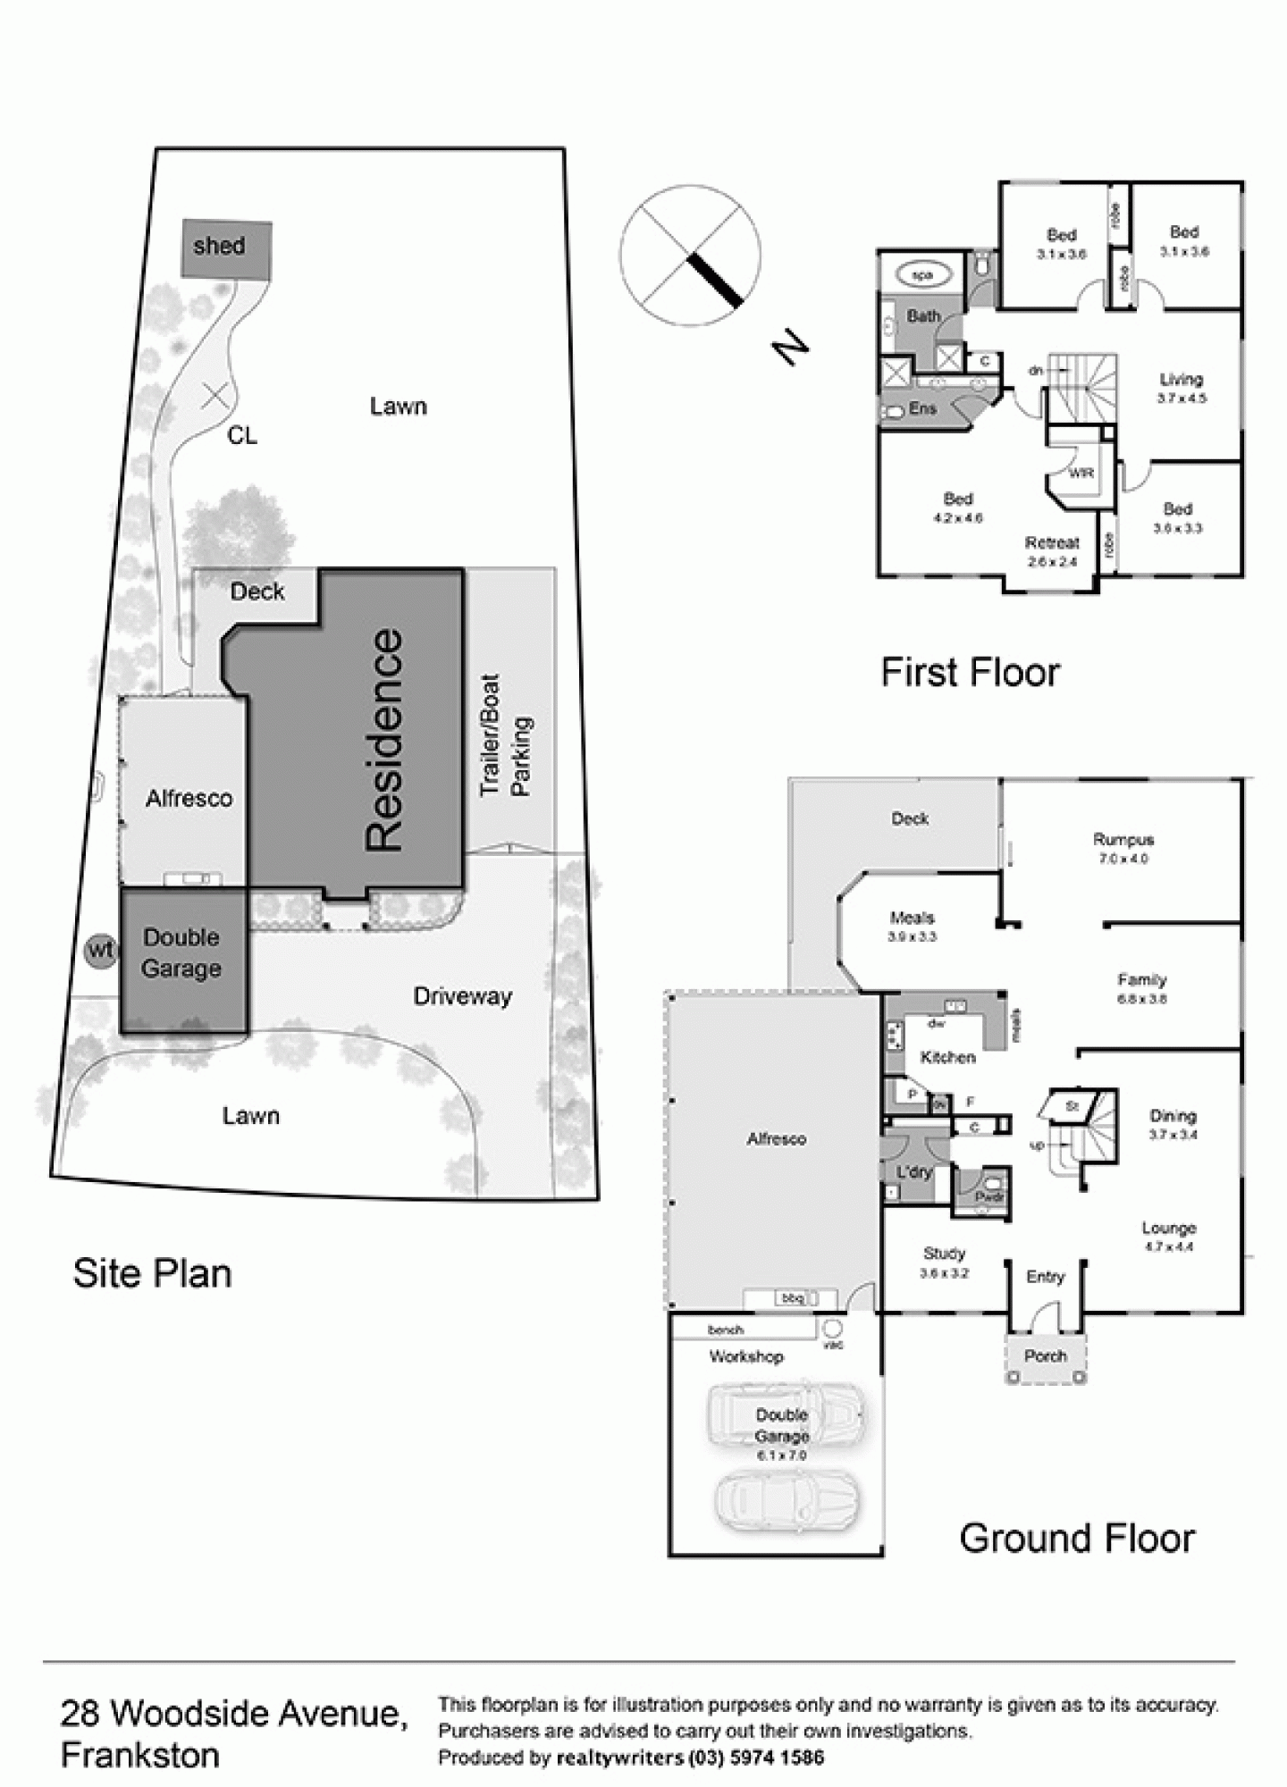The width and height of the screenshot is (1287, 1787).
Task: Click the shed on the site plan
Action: (227, 247)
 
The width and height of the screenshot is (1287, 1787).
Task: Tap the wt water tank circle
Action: (100, 951)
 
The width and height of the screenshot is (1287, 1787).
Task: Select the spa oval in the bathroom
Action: (921, 275)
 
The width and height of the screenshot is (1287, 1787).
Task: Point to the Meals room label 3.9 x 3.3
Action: (912, 927)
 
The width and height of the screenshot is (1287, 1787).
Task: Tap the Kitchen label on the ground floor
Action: (947, 1057)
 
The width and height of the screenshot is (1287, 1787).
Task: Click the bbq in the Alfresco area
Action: (792, 1298)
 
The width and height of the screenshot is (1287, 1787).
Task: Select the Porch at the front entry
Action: (1045, 1356)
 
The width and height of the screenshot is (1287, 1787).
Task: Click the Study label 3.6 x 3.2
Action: (944, 1263)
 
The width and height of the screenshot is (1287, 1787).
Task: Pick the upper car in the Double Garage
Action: (785, 1416)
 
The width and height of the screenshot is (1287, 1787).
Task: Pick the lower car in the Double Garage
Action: (786, 1498)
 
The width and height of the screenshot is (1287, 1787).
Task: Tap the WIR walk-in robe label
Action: (1081, 473)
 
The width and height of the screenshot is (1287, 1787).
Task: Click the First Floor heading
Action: (970, 672)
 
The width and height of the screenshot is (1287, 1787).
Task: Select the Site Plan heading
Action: (152, 1273)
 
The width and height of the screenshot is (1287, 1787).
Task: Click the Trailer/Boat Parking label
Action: (505, 734)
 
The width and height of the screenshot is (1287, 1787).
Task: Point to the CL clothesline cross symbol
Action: (214, 395)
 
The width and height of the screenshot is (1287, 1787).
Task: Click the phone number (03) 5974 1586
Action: (757, 1758)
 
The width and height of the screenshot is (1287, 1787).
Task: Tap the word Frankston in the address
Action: (140, 1755)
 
